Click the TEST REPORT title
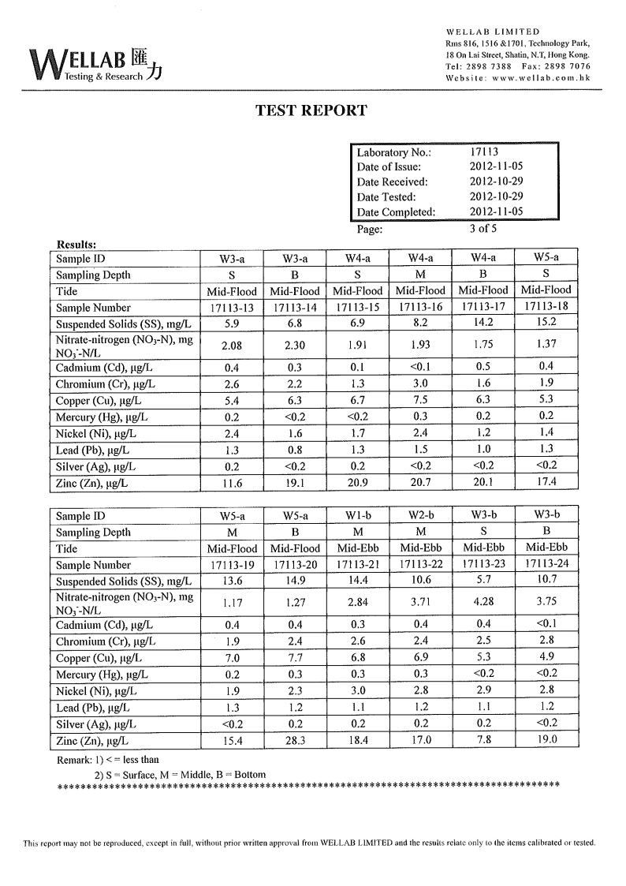point(311,110)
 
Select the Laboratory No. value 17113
point(484,151)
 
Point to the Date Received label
point(392,181)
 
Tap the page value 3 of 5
point(483,230)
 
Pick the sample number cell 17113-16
point(420,308)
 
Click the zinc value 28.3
point(293,741)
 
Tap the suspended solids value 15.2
point(546,323)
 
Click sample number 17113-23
point(483,565)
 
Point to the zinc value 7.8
point(483,741)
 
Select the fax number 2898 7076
point(567,66)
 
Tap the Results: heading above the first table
point(77,245)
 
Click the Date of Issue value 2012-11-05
point(496,166)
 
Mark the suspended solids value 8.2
point(420,323)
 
